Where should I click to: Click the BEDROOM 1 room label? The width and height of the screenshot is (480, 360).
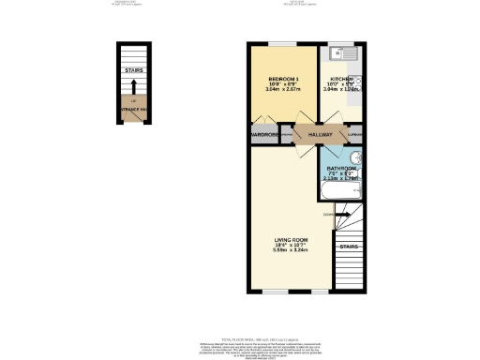[283, 78]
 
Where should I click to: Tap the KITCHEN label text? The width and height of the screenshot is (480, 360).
[340, 79]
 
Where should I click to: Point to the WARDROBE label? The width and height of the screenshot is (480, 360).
[265, 135]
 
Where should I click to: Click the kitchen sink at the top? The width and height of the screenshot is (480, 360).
[341, 52]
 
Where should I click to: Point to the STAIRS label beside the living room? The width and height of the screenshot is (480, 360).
[349, 247]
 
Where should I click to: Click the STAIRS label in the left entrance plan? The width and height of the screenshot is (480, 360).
[135, 69]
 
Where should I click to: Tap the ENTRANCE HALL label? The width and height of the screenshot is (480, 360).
[135, 111]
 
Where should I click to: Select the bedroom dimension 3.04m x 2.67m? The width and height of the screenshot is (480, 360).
[283, 90]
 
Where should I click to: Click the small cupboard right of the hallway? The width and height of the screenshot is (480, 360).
[355, 135]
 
